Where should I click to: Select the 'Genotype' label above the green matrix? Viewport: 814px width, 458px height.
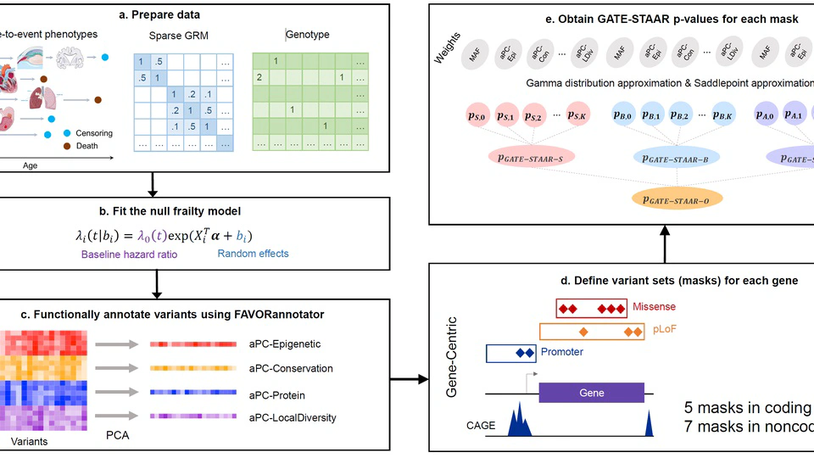[x=308, y=35]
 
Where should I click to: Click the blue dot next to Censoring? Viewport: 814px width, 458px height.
[x=68, y=133]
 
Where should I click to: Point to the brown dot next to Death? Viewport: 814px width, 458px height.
[x=68, y=146]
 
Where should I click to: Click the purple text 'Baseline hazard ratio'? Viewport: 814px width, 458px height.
[x=130, y=254]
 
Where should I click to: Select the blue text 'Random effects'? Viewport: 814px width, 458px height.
[x=253, y=254]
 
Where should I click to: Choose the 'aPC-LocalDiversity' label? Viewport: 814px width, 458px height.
[x=293, y=417]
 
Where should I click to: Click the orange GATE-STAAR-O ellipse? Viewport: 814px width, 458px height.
[x=677, y=198]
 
